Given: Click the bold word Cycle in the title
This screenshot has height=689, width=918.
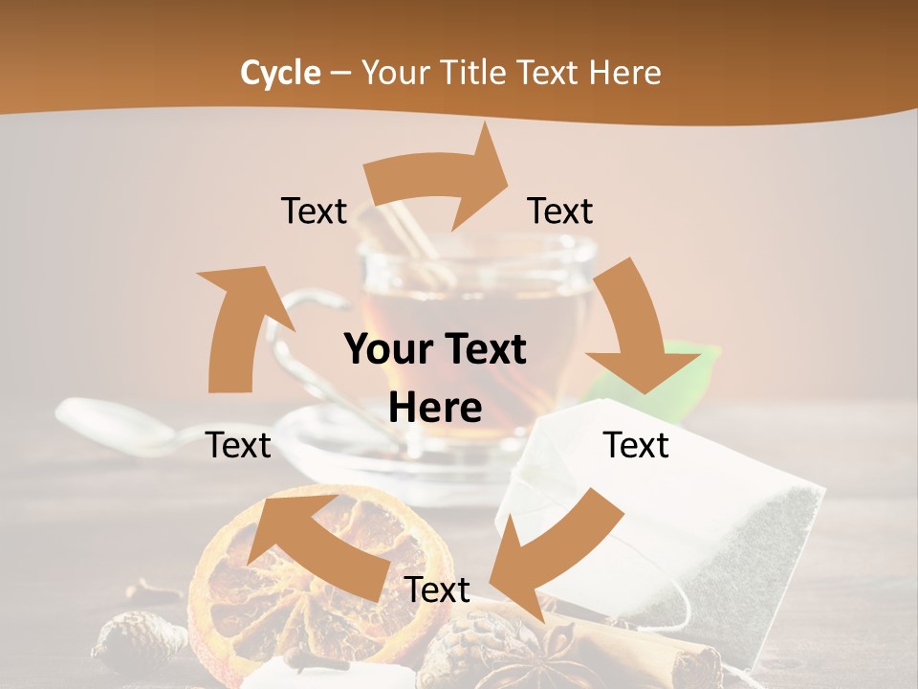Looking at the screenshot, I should coord(279,73).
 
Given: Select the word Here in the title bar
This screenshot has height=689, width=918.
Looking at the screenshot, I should coord(623,73).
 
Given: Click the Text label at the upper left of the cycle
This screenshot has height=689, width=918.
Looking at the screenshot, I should coord(314,211).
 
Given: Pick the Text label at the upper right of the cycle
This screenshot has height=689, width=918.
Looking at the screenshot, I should coord(560,211).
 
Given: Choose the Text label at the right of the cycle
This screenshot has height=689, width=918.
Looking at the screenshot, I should coord(636,445).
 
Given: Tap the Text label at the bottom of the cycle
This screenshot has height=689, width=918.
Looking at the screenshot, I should coord(437,589).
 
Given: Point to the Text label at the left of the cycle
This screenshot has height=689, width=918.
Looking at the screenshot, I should coord(238,445).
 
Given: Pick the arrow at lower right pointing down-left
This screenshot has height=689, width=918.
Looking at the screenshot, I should coord(555,541).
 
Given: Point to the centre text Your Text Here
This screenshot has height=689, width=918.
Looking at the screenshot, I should coord(435,379).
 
